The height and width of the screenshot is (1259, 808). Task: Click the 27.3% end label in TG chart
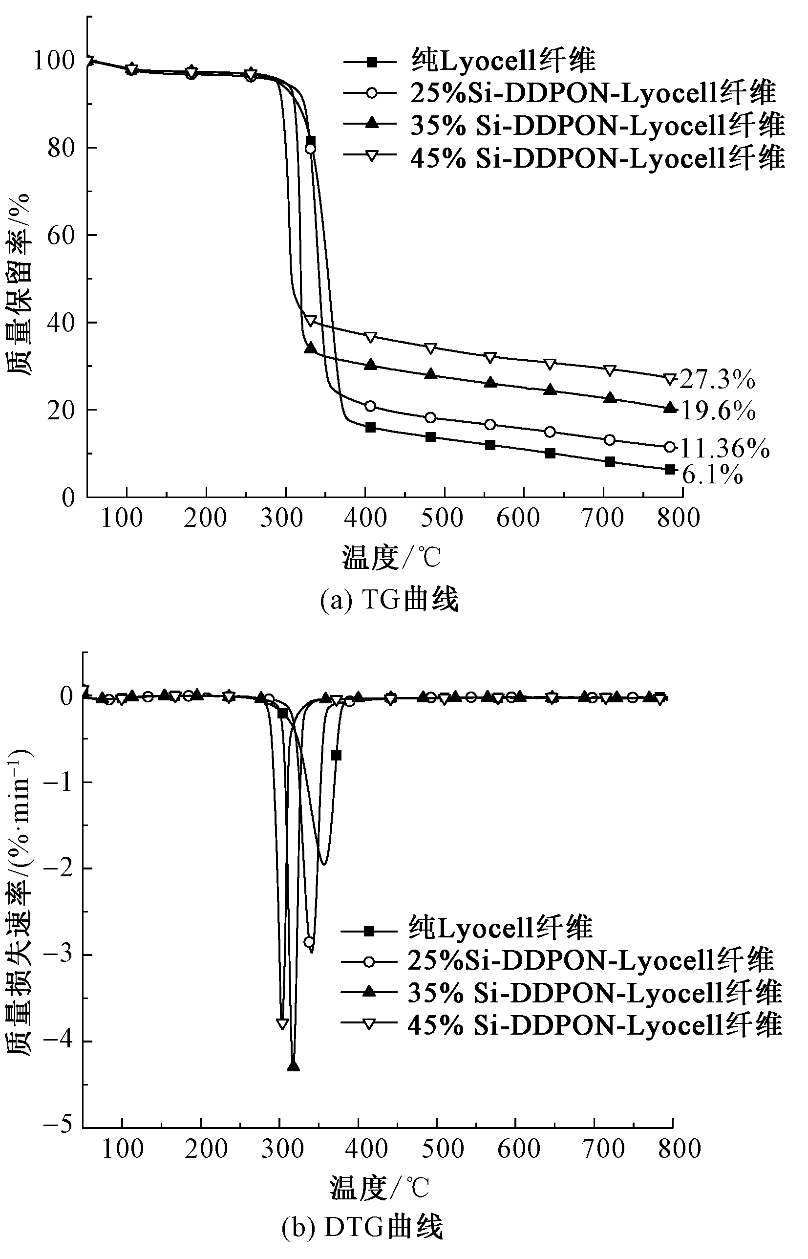click(x=717, y=379)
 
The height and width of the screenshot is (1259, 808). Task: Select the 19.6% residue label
click(x=718, y=411)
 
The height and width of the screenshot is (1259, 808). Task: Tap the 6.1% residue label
click(x=712, y=475)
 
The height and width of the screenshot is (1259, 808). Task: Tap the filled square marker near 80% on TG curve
click(x=310, y=141)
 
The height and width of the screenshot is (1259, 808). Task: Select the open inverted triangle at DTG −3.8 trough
click(x=282, y=1024)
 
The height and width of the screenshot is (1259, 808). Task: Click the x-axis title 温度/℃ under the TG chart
click(x=391, y=557)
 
